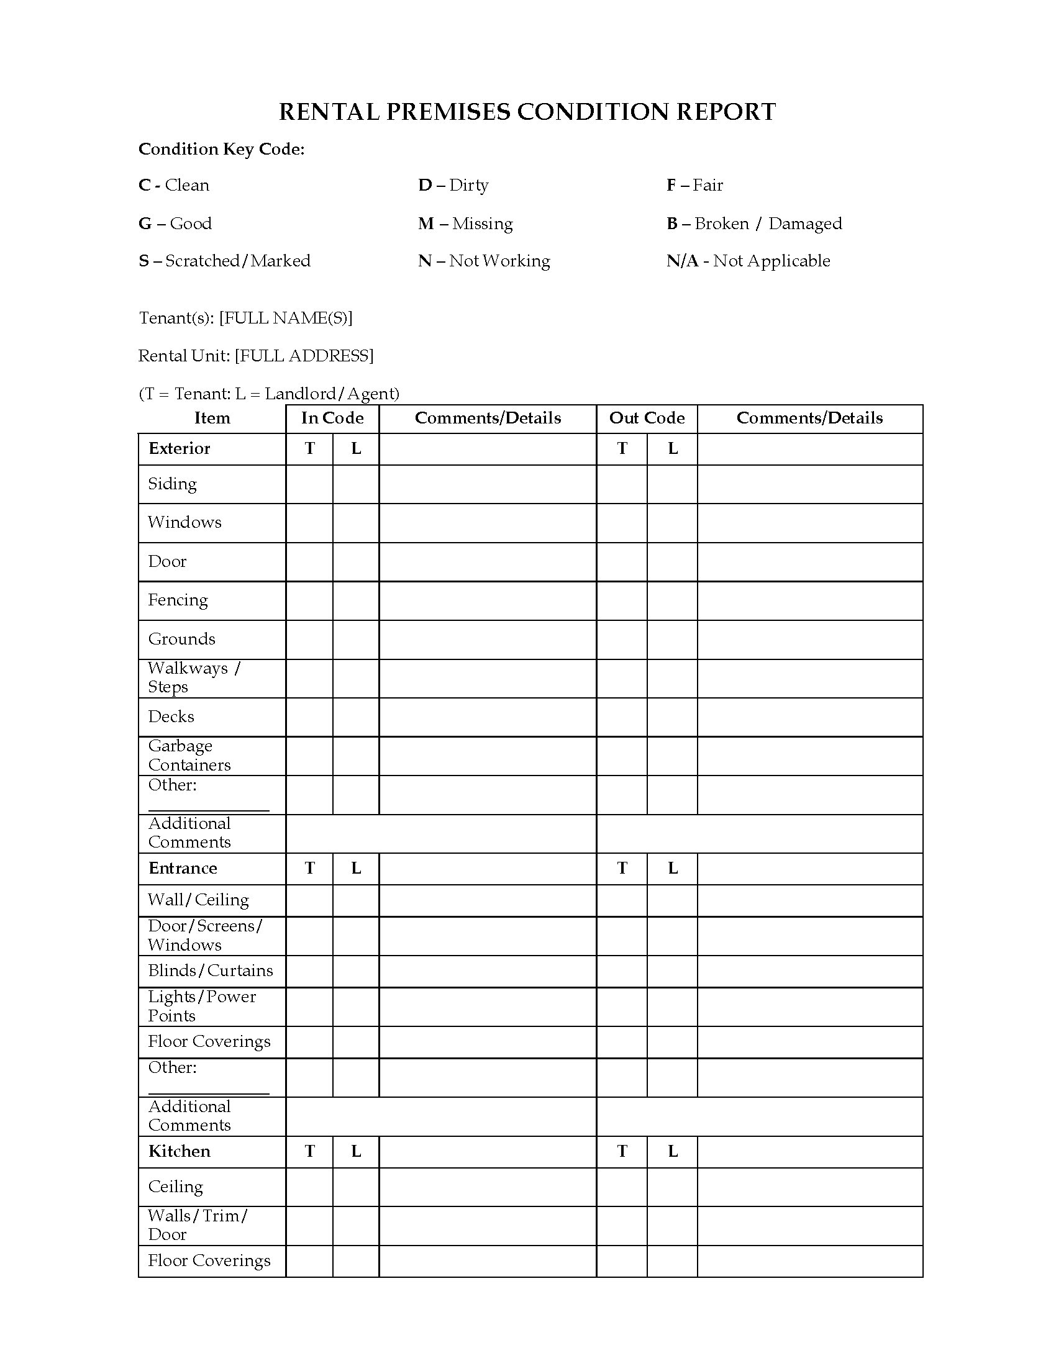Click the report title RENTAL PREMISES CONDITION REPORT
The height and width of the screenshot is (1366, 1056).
527,112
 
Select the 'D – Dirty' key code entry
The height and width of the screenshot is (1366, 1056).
453,185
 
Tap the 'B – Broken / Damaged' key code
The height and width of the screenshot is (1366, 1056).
754,224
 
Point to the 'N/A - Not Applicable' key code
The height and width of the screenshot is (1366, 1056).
749,261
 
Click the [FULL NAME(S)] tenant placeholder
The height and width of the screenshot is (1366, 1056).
286,318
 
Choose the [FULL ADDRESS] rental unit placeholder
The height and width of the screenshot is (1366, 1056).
304,356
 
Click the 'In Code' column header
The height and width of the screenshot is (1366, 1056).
332,418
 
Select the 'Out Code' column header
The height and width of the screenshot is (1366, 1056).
647,418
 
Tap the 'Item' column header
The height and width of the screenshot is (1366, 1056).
212,418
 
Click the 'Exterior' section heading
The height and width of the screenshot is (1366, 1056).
179,448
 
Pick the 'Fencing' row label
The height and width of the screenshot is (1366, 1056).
178,600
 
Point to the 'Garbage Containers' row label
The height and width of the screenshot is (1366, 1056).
189,756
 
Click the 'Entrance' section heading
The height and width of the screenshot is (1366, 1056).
183,868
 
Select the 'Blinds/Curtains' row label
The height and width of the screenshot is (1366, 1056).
210,970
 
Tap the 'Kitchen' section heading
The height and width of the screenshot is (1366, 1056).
179,1151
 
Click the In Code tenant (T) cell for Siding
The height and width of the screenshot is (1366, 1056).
309,484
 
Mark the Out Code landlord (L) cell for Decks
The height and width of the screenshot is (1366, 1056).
672,717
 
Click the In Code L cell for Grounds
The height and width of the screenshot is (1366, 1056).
355,639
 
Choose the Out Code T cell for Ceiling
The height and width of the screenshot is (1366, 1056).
622,1187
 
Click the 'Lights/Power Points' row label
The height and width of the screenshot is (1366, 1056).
201,1006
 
